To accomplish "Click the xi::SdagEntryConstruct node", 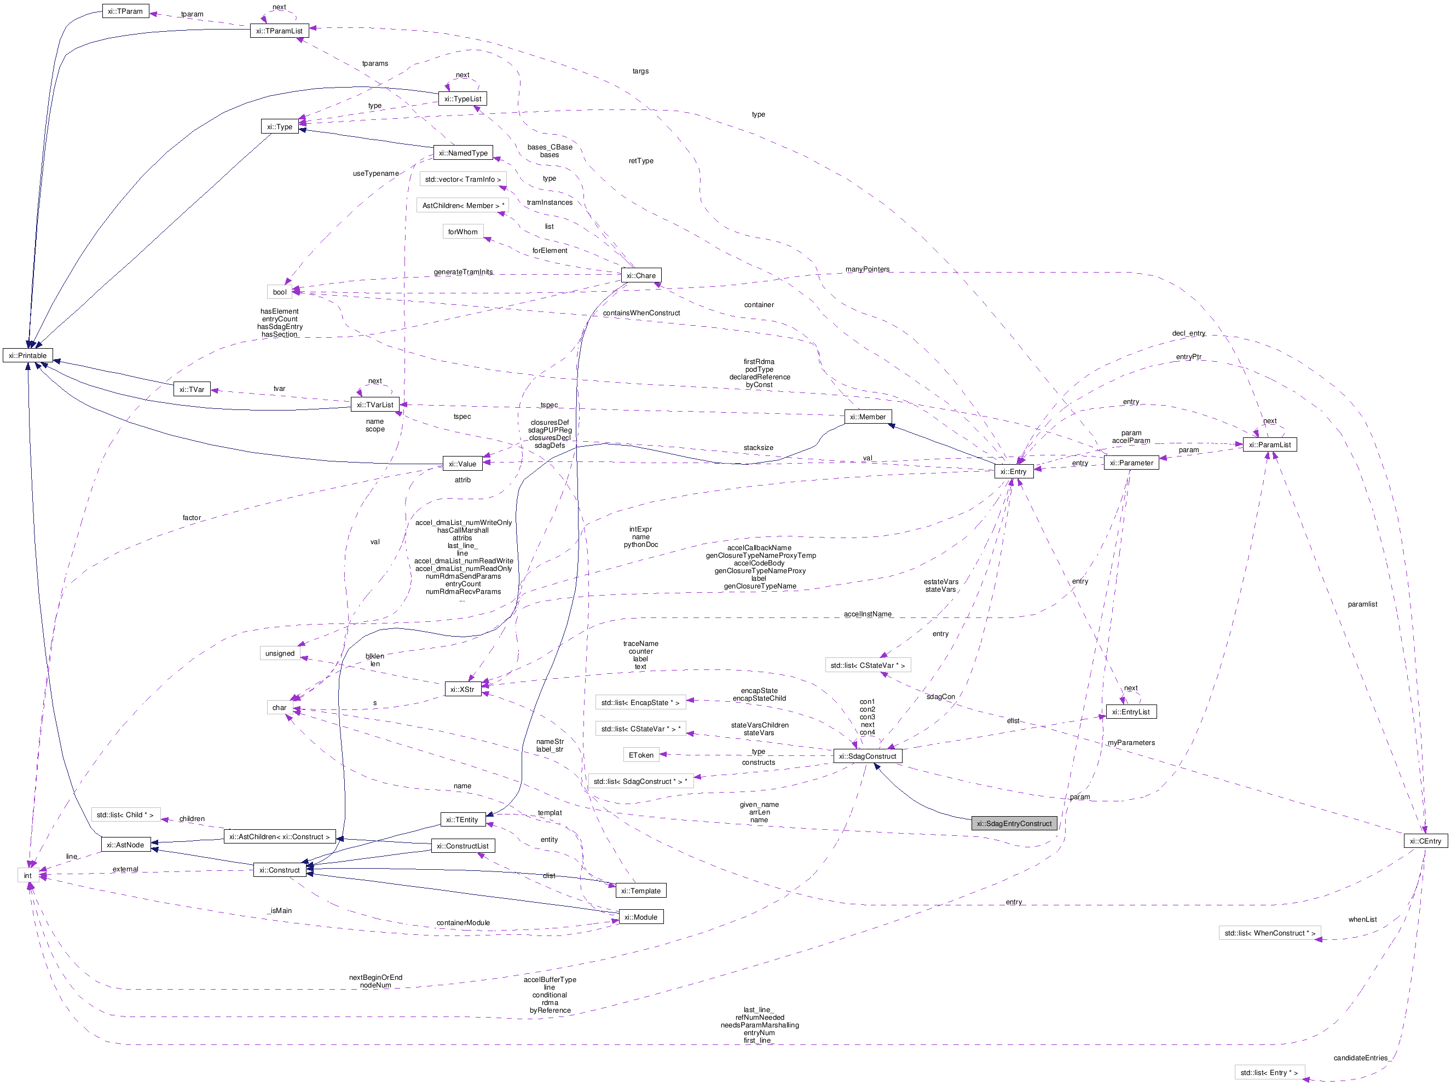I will tap(1014, 823).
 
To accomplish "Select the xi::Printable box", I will tap(27, 356).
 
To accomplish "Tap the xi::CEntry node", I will tap(1425, 841).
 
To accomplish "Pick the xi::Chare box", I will tap(641, 275).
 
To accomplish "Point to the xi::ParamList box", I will tap(1269, 445).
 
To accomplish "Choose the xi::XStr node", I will tap(463, 690).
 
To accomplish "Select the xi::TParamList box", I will tap(280, 31).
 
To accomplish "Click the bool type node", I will tap(280, 292).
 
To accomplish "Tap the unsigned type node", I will tap(280, 654).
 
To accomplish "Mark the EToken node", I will tap(641, 755).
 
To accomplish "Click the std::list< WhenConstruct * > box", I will tap(1269, 933).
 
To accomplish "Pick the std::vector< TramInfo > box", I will tap(463, 179).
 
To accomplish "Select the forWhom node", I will tap(463, 232).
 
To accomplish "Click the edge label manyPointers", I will tap(867, 269).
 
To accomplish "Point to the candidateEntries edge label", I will tap(1361, 1058).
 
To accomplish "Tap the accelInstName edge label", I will tap(867, 614).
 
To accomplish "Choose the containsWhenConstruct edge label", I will tap(641, 313).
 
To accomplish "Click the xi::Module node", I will tap(641, 917).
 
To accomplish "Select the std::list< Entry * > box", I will tap(1269, 1073).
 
